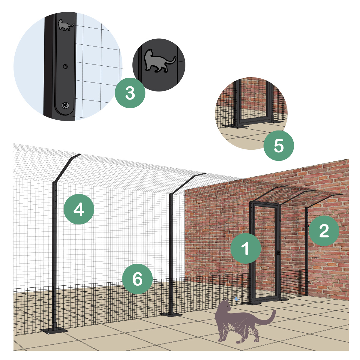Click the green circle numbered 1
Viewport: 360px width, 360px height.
tap(245, 248)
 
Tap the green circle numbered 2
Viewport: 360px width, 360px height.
tap(324, 231)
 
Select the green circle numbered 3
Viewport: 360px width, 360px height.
tap(130, 93)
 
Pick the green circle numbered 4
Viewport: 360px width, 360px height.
tap(79, 209)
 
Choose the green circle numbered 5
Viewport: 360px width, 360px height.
tap(278, 146)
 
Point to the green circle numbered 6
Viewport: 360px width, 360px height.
tap(137, 279)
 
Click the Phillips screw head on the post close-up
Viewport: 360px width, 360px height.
tap(66, 105)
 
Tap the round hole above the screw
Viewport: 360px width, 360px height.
tap(65, 66)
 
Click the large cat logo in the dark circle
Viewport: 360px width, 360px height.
tap(159, 61)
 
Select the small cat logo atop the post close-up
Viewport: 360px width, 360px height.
tap(66, 25)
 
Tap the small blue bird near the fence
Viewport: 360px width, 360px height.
tap(237, 299)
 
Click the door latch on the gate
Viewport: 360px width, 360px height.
tap(278, 253)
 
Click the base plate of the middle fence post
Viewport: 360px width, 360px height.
tap(171, 315)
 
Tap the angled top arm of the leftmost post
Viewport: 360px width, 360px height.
tap(66, 168)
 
